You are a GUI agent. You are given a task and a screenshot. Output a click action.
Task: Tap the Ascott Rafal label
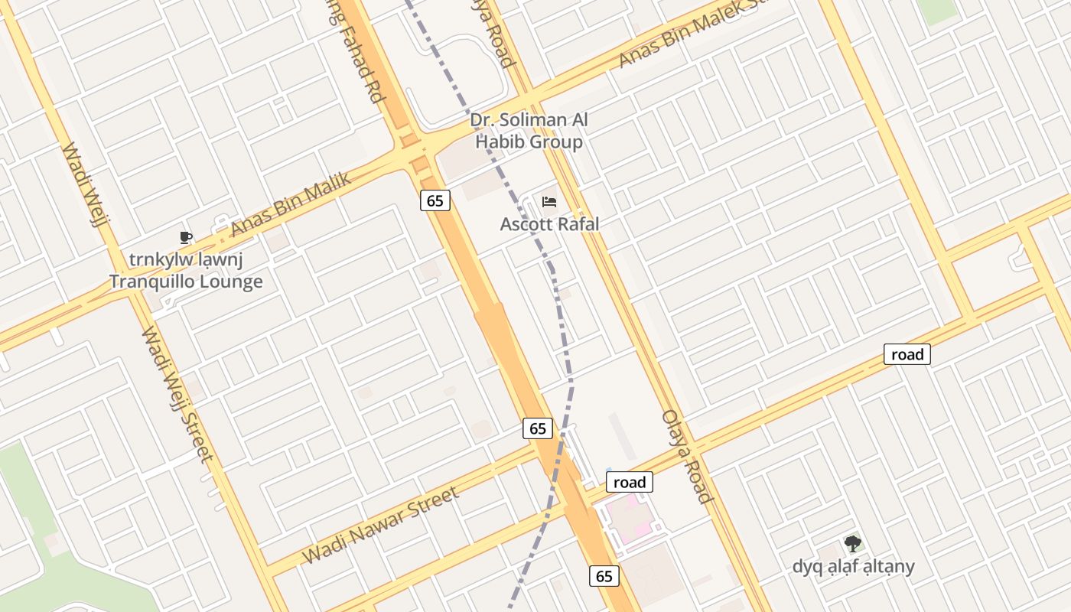coord(549,224)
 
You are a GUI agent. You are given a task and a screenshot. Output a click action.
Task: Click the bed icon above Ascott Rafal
coord(549,202)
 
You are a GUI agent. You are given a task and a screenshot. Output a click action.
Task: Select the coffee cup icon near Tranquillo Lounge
coord(185,237)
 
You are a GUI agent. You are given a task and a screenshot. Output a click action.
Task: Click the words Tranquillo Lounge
coord(186,282)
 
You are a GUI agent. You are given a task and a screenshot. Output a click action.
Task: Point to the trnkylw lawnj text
coord(186,259)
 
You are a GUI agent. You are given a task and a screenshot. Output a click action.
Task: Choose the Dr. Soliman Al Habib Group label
coord(529,131)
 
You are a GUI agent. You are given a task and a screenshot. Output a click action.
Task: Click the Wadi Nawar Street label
coord(381,524)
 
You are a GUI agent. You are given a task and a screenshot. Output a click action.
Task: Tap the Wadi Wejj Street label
coord(176,395)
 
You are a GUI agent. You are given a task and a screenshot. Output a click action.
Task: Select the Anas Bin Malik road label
coord(291,204)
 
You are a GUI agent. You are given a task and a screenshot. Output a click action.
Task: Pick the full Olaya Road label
coord(687,456)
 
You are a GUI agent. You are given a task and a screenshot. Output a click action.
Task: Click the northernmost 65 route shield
coord(435,200)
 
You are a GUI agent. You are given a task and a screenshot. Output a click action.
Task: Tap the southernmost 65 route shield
coord(604,576)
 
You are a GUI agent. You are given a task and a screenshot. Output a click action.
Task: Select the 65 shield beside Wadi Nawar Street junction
coord(538,428)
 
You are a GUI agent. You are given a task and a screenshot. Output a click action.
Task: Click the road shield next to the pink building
coord(630,482)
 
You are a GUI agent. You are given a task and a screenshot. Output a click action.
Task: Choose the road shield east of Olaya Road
coord(907,354)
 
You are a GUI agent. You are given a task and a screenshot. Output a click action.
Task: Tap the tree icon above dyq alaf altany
coord(852,544)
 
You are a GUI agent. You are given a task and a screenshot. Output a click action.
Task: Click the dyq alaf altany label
coord(853,567)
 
